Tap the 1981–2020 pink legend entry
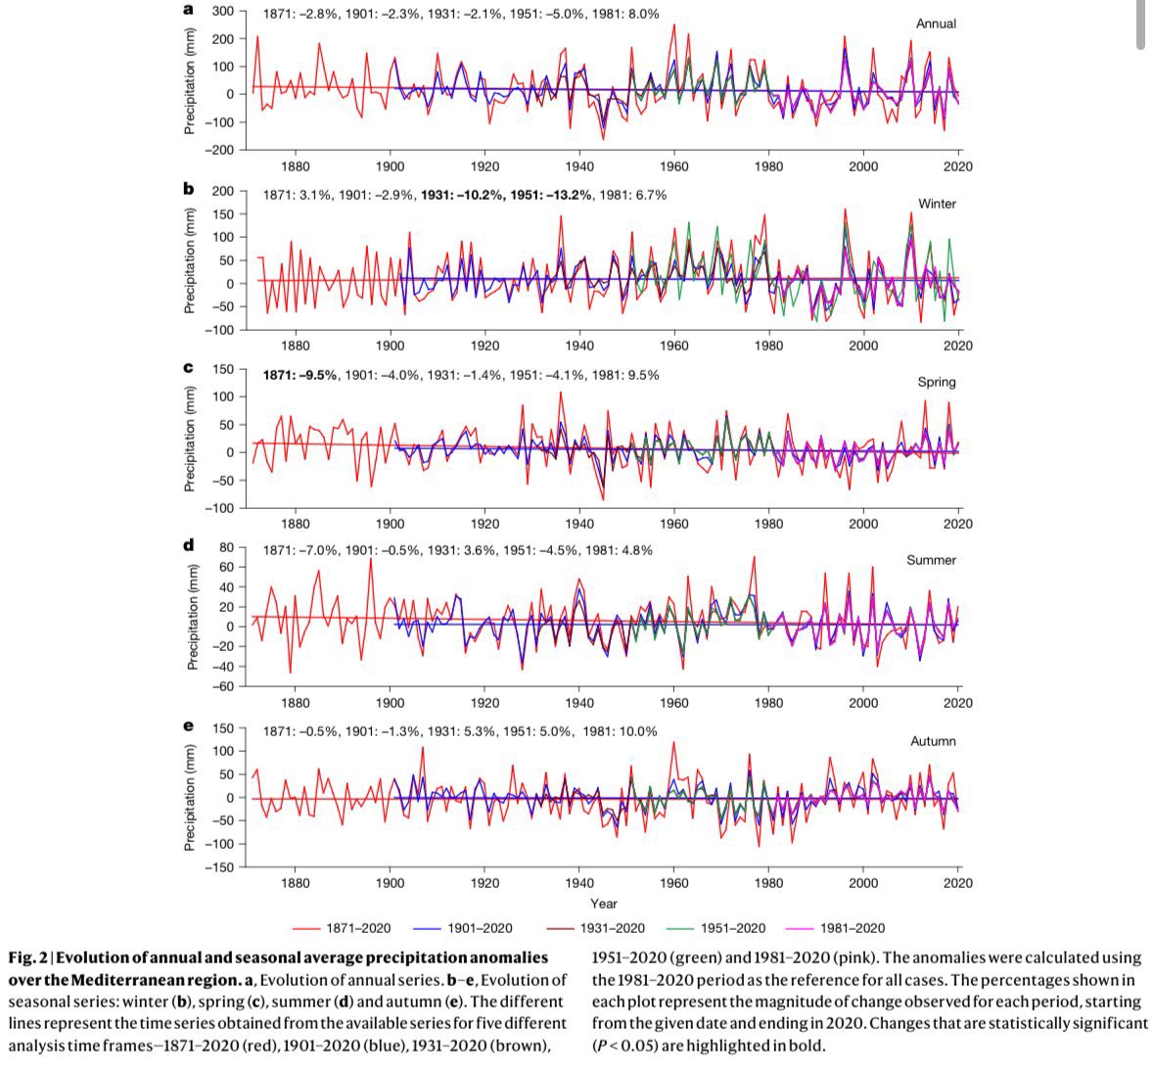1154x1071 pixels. pos(853,928)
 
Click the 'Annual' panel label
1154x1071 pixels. pos(936,23)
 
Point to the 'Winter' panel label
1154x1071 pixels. pos(937,204)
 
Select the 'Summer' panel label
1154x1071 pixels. pos(933,560)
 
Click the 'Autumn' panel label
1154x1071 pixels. pos(933,741)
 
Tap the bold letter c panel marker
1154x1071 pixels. pos(188,368)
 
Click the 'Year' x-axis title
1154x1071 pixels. pos(603,904)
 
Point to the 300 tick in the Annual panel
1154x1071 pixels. pos(222,11)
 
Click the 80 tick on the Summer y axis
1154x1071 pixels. pos(226,547)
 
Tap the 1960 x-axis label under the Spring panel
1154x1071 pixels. pos(673,524)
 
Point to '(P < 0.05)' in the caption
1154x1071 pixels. pos(628,1046)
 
